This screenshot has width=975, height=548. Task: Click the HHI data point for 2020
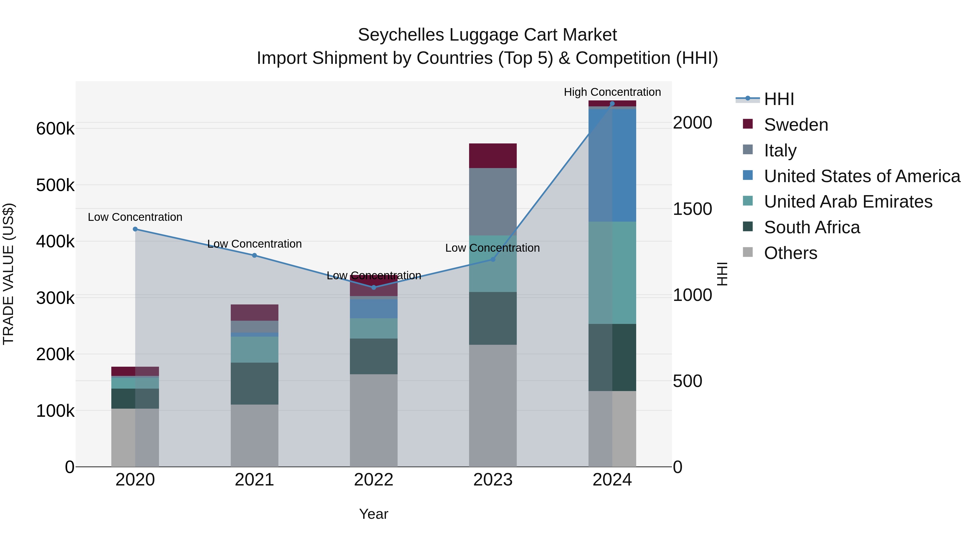(135, 229)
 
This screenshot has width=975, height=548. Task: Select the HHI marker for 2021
(254, 255)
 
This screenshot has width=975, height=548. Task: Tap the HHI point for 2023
(493, 260)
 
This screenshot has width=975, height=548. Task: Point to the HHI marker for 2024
(612, 104)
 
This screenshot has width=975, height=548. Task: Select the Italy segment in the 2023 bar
(493, 202)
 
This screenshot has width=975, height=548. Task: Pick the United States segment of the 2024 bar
(612, 165)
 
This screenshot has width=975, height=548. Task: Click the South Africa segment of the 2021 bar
(254, 383)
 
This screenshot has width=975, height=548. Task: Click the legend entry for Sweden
(796, 125)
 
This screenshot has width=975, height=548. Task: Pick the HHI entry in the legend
(779, 99)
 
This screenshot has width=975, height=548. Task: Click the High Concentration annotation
(612, 92)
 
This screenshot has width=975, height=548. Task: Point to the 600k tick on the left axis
(55, 129)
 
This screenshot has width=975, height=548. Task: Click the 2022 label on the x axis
(373, 480)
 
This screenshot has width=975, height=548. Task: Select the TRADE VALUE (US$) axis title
(8, 274)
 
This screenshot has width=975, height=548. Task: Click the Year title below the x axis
(373, 514)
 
